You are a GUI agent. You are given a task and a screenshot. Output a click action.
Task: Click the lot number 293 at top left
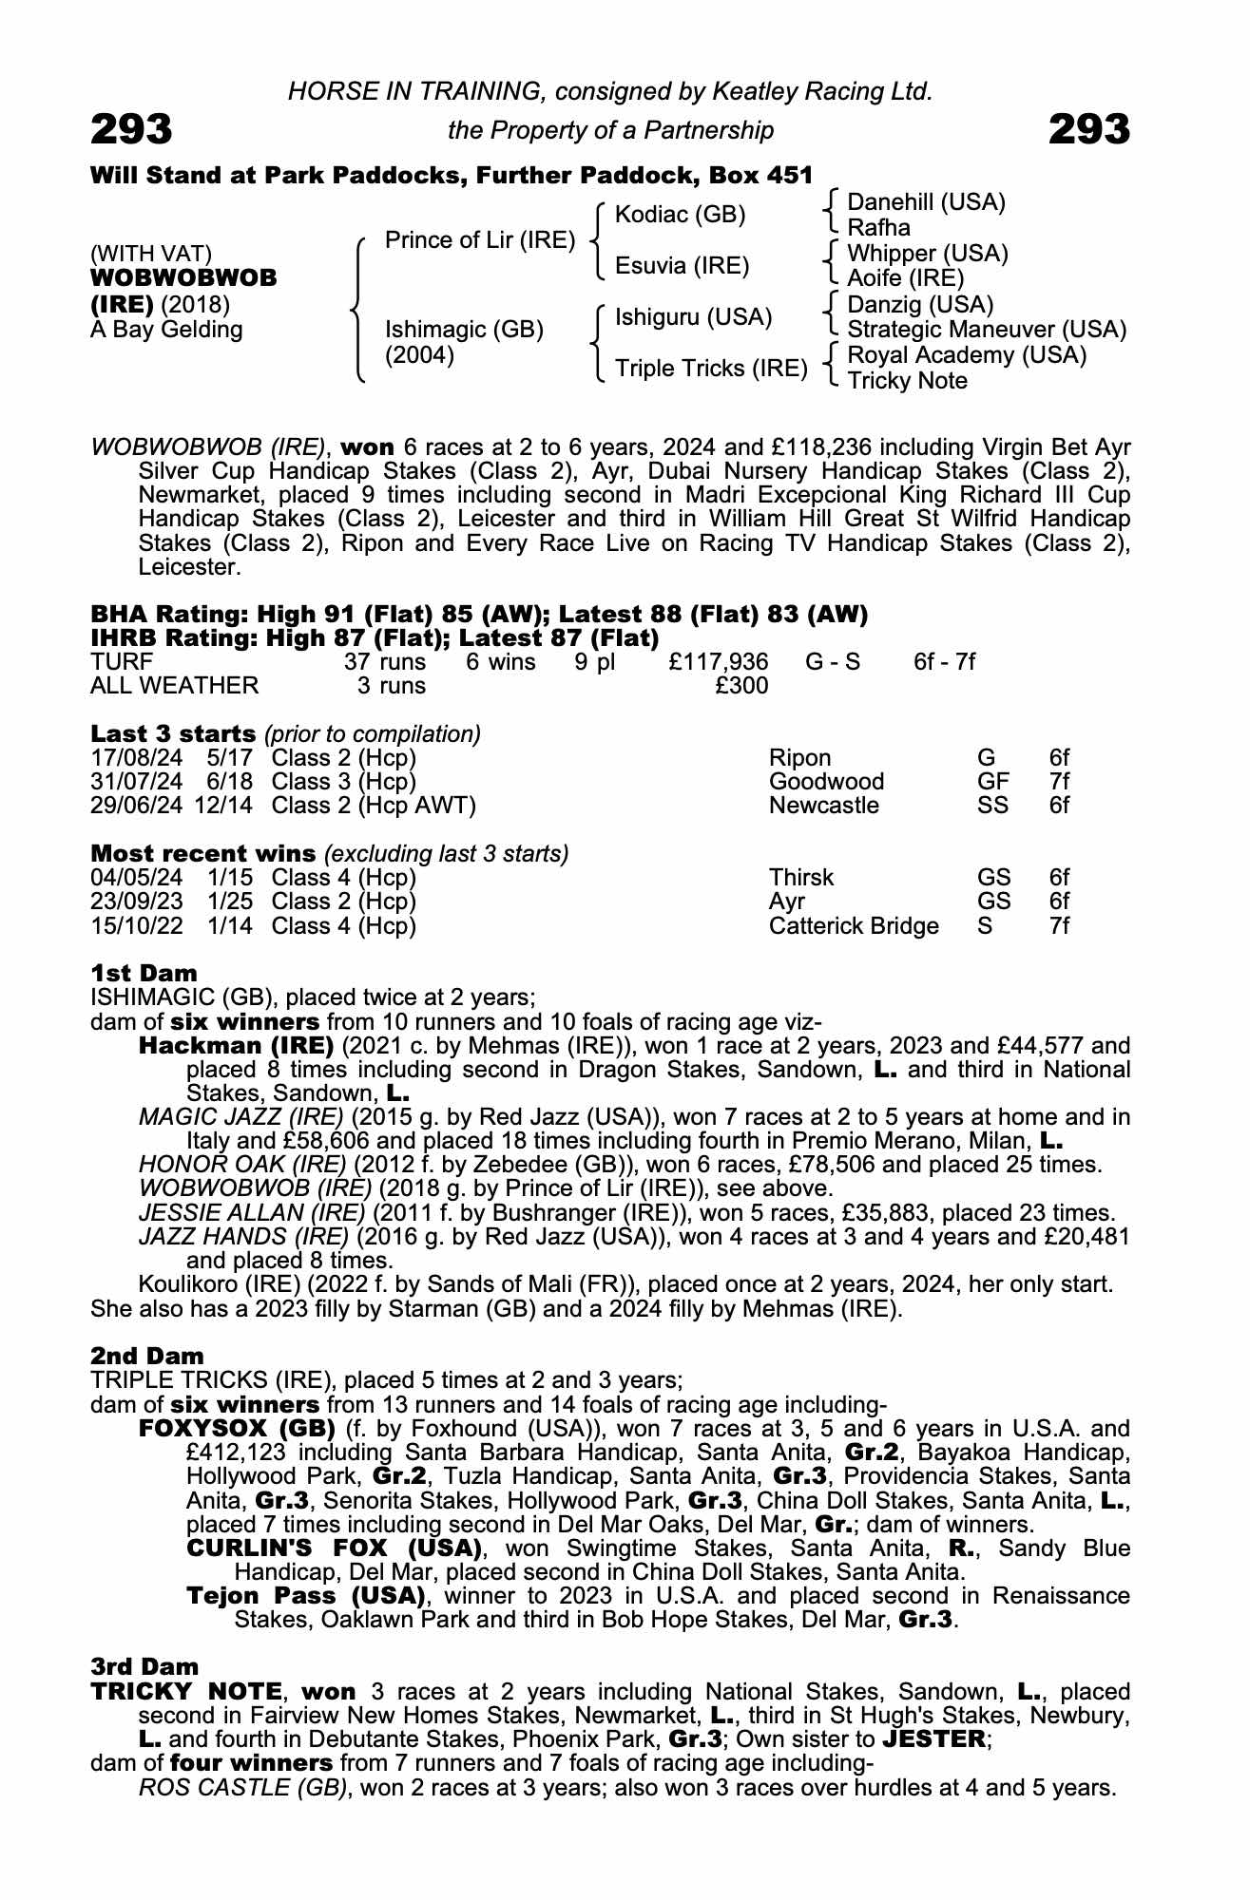(131, 129)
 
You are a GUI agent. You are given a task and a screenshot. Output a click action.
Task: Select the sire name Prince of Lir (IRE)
(479, 240)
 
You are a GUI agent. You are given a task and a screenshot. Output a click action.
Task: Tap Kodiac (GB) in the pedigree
(680, 215)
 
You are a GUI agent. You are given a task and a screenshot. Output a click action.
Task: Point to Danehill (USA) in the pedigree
(926, 201)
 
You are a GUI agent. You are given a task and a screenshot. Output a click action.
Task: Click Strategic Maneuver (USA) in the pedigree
(986, 330)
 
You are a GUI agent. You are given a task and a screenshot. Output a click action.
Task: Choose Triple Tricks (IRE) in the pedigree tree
(710, 369)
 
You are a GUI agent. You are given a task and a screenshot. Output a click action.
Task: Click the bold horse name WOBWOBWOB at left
(183, 278)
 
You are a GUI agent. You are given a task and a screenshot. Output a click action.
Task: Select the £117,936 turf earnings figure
(719, 661)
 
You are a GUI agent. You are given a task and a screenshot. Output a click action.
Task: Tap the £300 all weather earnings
(741, 685)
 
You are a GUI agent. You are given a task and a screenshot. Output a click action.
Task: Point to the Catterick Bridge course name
(854, 926)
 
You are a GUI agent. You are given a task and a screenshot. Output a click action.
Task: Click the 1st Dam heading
(144, 973)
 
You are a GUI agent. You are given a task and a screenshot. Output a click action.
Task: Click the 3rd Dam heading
(144, 1666)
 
